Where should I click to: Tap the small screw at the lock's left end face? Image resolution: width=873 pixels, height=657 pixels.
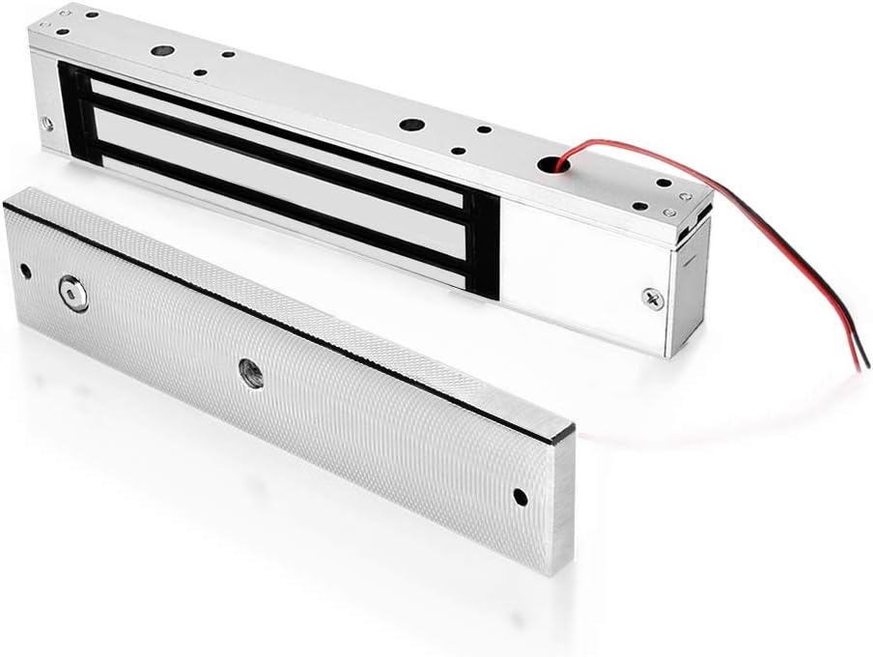[45, 123]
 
